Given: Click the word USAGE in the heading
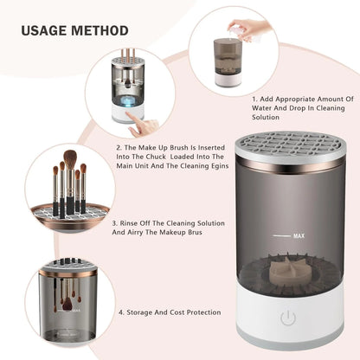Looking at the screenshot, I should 44,31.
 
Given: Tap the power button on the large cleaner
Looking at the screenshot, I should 288,318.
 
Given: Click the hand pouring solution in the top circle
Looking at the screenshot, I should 251,29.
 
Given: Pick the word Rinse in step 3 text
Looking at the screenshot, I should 132,222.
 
